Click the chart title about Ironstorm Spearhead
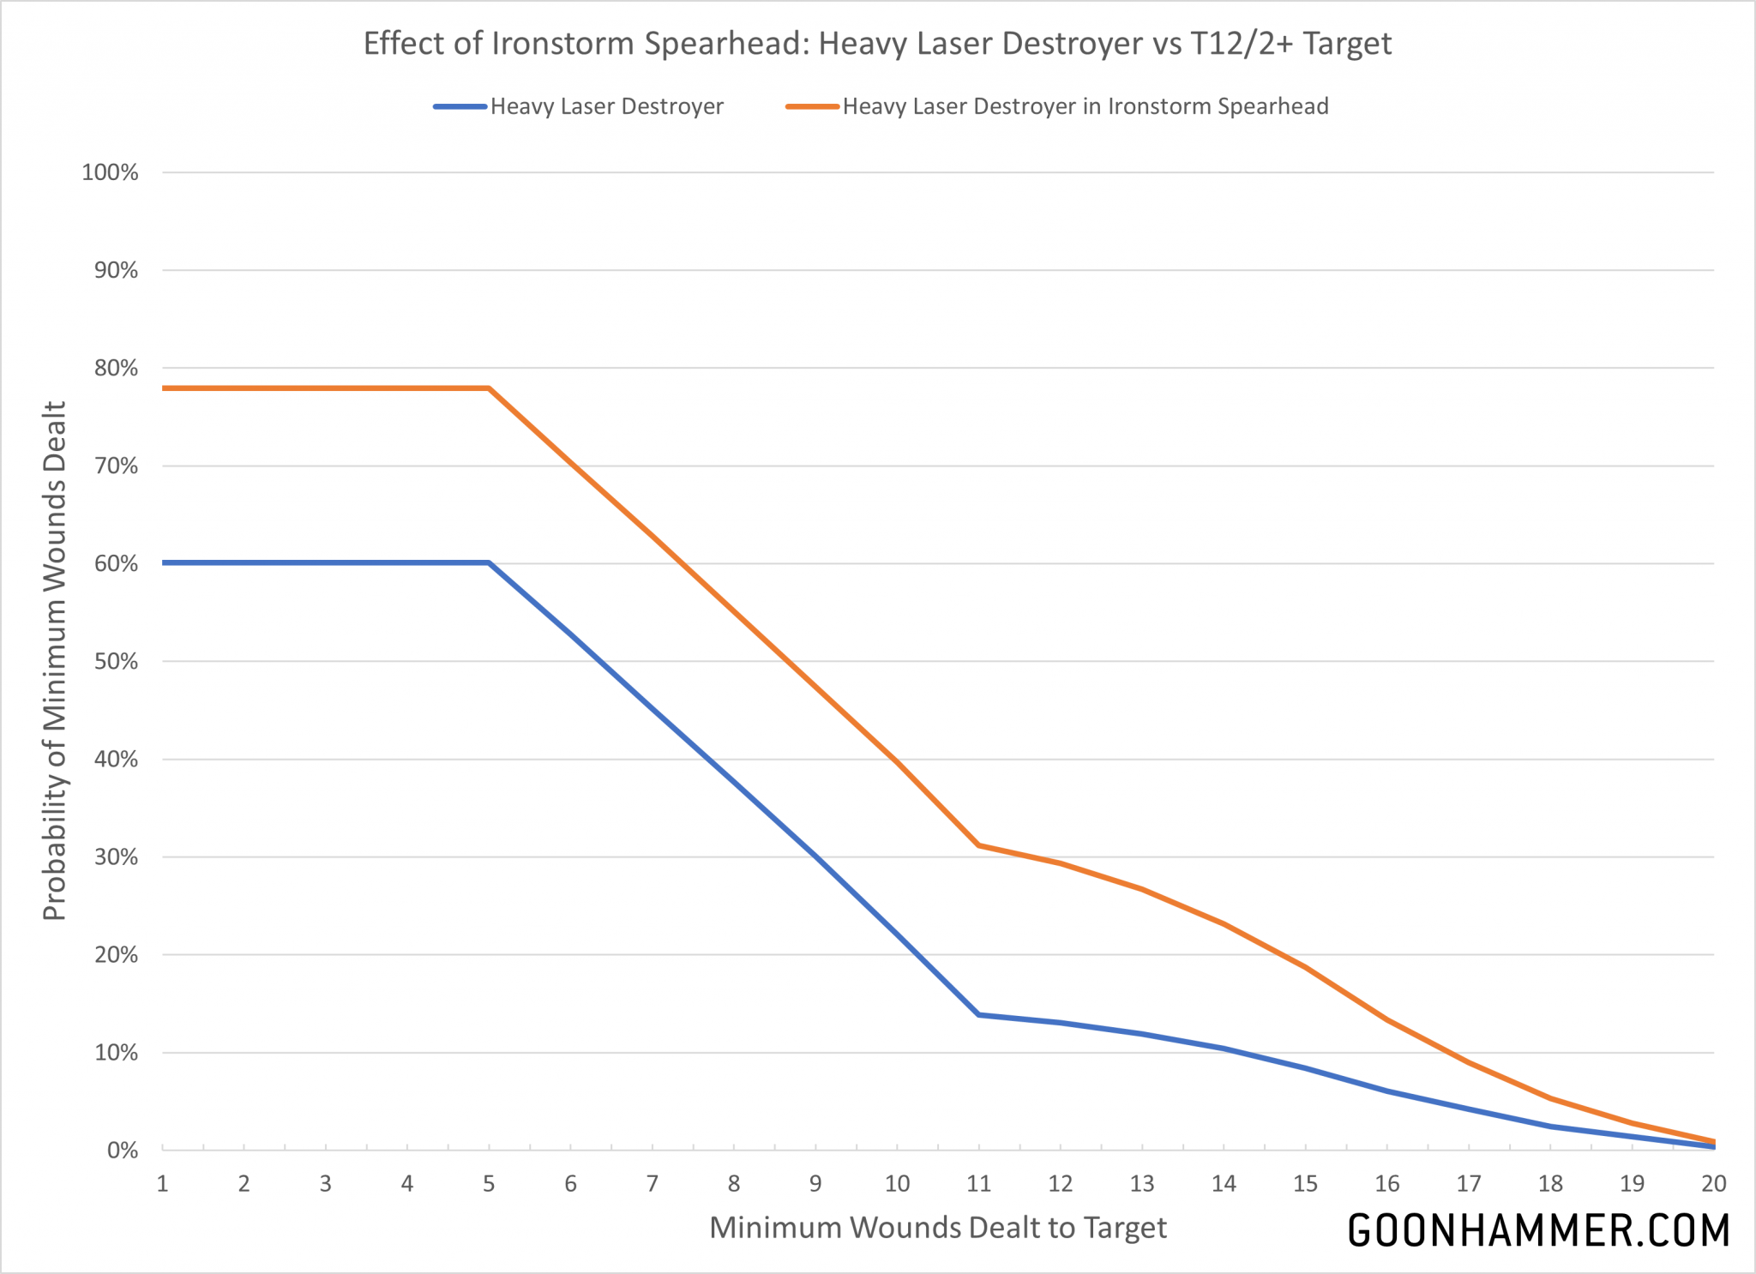pyautogui.click(x=877, y=43)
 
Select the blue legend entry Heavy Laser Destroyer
pyautogui.click(x=606, y=106)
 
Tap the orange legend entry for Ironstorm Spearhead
pyautogui.click(x=1085, y=106)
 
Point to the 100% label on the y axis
pyautogui.click(x=110, y=172)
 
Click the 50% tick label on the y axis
pyautogui.click(x=115, y=661)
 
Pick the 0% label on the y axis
pyautogui.click(x=122, y=1150)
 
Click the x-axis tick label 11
pyautogui.click(x=978, y=1184)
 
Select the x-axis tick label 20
pyautogui.click(x=1713, y=1184)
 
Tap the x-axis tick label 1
pyautogui.click(x=162, y=1184)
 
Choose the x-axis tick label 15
pyautogui.click(x=1305, y=1184)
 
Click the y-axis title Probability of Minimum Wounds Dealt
pyautogui.click(x=54, y=660)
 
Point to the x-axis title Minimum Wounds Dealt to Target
pyautogui.click(x=938, y=1228)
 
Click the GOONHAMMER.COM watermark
pyautogui.click(x=1538, y=1231)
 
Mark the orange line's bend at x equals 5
pyautogui.click(x=489, y=388)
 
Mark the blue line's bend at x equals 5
pyautogui.click(x=489, y=562)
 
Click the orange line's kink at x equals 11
pyautogui.click(x=978, y=845)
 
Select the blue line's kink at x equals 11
pyautogui.click(x=978, y=1014)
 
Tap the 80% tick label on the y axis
pyautogui.click(x=115, y=368)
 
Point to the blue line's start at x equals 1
pyautogui.click(x=163, y=562)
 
